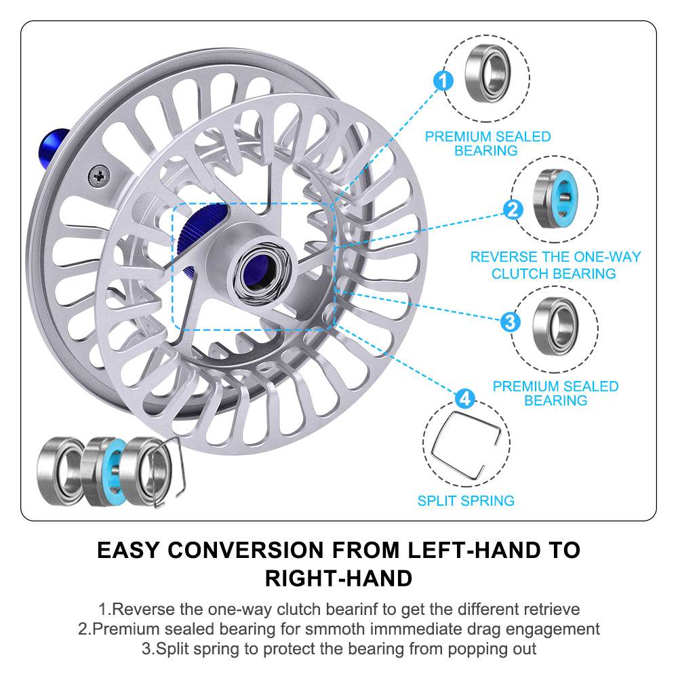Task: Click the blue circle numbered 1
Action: pos(443,82)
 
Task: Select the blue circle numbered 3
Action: pos(511,321)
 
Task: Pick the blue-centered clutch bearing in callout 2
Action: pos(555,200)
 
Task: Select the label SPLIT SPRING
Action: pos(466,501)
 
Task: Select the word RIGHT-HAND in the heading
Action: pos(338,578)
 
